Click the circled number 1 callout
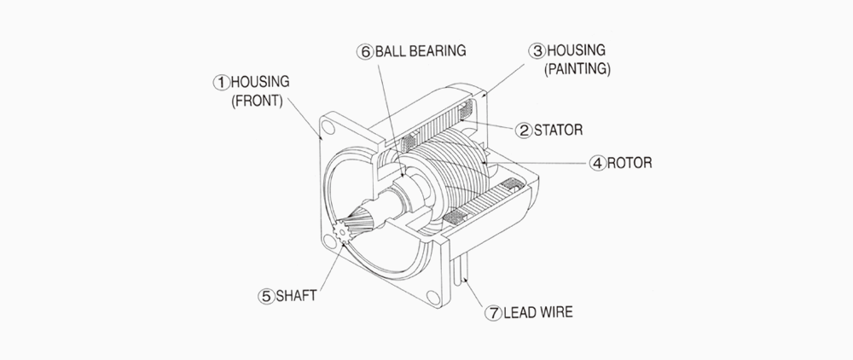pos(220,82)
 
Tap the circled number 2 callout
pos(523,131)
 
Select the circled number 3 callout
pos(537,50)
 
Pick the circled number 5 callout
pos(266,296)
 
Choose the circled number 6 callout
pos(364,50)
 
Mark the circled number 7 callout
pos(492,312)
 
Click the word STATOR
pos(559,131)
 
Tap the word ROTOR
pos(629,161)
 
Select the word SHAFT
pos(296,296)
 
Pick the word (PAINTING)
pos(576,70)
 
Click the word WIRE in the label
pos(554,312)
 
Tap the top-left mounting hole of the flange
pos(328,129)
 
